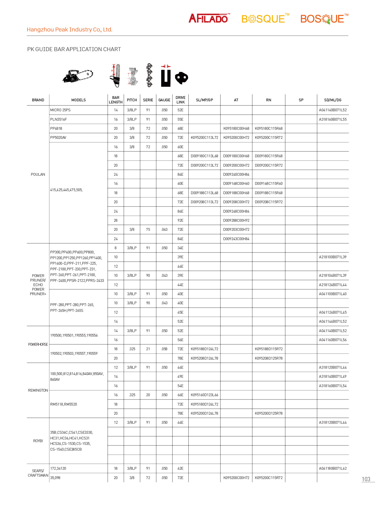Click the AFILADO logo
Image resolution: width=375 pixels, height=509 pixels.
209,18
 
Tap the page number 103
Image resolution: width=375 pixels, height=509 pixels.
366,479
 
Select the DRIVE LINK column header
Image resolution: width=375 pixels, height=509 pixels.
181,100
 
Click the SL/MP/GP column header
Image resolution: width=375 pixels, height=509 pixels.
204,100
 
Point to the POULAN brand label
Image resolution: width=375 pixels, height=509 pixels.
38,175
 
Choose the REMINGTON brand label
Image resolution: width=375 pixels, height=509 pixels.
38,390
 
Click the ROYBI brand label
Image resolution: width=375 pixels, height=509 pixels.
38,441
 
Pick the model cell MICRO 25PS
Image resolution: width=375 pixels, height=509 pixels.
60,110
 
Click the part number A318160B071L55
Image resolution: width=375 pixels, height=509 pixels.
333,119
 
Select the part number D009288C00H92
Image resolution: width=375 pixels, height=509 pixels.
236,220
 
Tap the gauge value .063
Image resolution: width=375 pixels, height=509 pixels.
164,230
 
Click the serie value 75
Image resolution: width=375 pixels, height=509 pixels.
148,230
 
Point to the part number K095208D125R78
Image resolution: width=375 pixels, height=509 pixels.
269,358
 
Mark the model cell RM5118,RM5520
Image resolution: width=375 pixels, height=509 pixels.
64,404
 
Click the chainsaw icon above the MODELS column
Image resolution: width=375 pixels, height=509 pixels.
78,76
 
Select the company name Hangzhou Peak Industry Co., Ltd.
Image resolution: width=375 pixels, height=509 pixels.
70,30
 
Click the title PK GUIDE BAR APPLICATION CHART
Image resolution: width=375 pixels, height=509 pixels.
74,49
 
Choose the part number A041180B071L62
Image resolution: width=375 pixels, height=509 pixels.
333,468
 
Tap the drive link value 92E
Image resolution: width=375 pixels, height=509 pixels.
181,220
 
